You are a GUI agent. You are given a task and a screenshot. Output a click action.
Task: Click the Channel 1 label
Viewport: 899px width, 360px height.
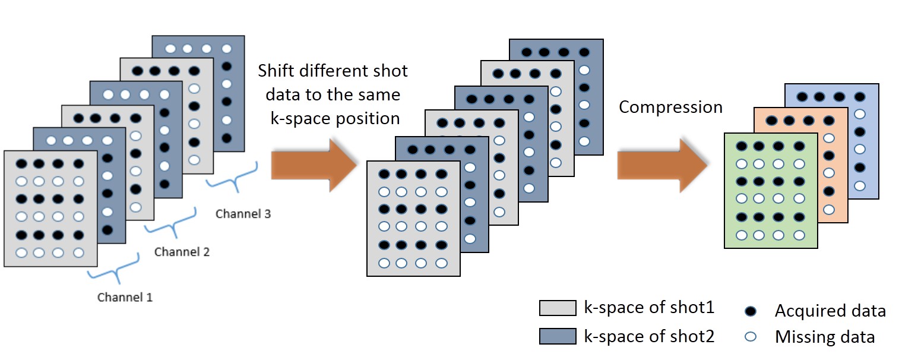(x=125, y=297)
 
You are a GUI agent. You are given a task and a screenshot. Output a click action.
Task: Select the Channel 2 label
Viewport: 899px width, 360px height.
(x=182, y=252)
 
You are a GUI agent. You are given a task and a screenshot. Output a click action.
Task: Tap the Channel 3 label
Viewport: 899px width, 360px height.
(x=243, y=214)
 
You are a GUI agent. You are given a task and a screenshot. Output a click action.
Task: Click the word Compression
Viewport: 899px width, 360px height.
(x=670, y=107)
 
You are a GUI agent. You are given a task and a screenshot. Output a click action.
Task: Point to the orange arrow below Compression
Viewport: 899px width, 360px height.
(x=662, y=163)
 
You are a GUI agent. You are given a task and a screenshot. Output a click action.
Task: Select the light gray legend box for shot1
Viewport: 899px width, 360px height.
(x=557, y=308)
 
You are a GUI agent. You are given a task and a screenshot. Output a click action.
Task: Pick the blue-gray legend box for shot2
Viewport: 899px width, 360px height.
(x=557, y=336)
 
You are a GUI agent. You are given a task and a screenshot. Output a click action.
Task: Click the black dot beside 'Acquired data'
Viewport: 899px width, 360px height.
(x=751, y=310)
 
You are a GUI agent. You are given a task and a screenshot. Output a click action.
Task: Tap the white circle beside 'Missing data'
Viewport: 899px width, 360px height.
(x=751, y=337)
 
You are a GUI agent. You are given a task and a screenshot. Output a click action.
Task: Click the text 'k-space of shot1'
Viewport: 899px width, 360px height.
(x=649, y=308)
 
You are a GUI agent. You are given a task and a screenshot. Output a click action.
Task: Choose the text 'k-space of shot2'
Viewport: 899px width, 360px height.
(x=649, y=336)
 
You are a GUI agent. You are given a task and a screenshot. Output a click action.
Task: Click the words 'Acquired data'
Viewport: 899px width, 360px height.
(x=830, y=310)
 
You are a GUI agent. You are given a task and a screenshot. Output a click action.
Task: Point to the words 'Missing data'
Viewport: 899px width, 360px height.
(x=824, y=337)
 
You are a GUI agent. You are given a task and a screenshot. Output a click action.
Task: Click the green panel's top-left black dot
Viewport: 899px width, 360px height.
(x=741, y=146)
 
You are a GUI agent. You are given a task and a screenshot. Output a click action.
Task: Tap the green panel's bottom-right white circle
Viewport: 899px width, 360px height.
(x=799, y=235)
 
